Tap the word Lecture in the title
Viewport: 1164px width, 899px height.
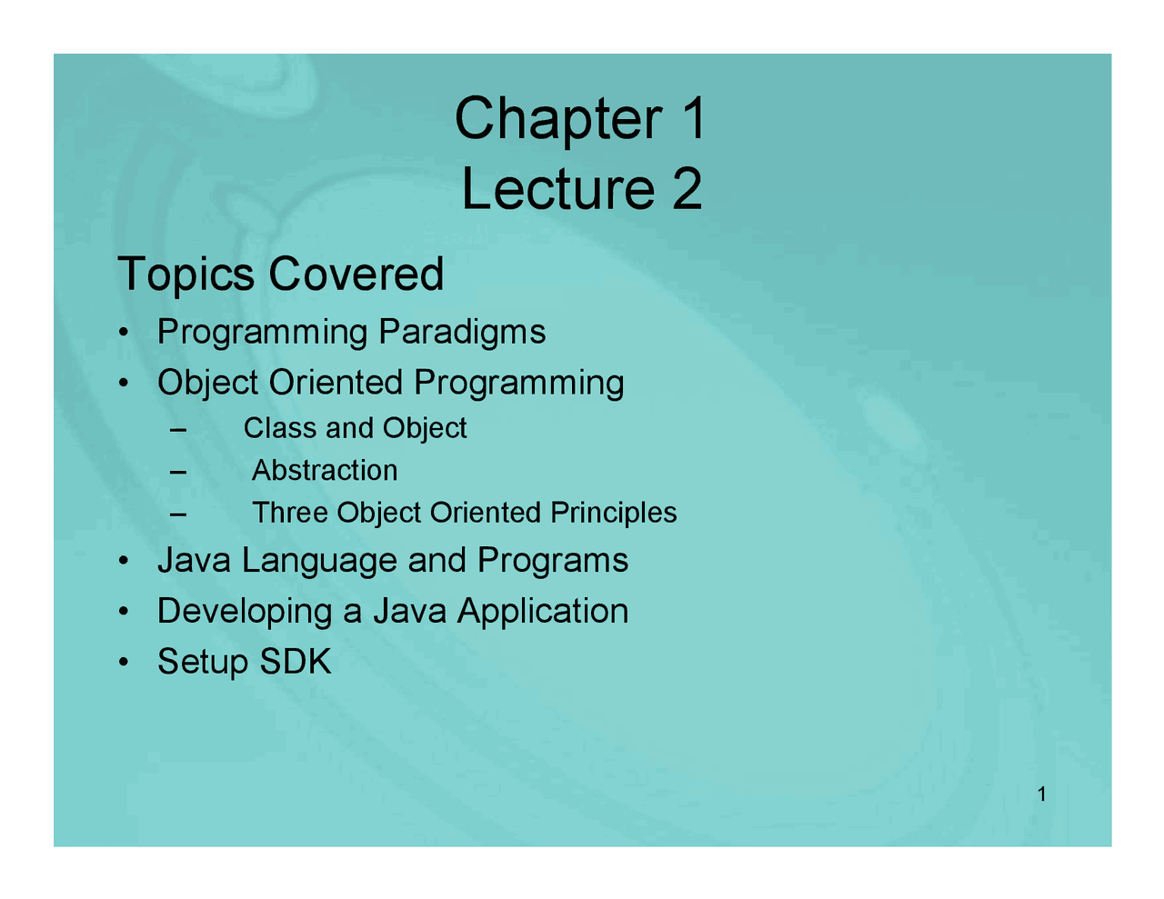(x=557, y=189)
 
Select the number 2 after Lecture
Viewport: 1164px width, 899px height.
(x=687, y=189)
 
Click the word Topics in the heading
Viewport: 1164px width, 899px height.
(x=186, y=275)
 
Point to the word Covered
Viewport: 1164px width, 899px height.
(x=356, y=274)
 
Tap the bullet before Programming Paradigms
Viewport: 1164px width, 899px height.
(x=122, y=333)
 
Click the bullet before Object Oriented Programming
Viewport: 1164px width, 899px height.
(x=122, y=384)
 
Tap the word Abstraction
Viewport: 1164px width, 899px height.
(x=325, y=471)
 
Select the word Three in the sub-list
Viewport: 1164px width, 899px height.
(x=290, y=513)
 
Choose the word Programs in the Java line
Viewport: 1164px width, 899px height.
(x=553, y=562)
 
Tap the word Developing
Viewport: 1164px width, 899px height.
(x=245, y=613)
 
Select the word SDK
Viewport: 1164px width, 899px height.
(x=296, y=662)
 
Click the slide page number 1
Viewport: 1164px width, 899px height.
(x=1041, y=795)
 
